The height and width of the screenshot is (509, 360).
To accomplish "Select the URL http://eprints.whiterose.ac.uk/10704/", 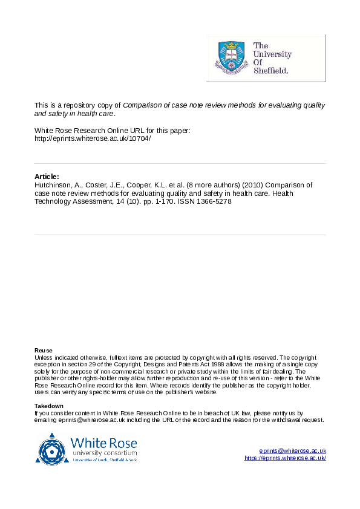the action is (93, 138).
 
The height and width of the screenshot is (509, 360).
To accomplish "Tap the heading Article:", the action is (47, 176).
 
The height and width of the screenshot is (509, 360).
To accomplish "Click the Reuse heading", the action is (44, 351).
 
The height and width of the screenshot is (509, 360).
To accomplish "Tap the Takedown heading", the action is (49, 406).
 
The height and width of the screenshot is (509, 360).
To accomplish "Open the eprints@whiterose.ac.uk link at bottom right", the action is (293, 451).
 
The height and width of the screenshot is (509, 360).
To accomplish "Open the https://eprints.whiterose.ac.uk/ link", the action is (285, 458).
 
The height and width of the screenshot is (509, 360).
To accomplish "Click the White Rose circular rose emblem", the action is (53, 449).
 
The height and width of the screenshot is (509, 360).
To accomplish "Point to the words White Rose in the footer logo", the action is (103, 442).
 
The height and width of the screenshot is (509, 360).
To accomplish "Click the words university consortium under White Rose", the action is (104, 453).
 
